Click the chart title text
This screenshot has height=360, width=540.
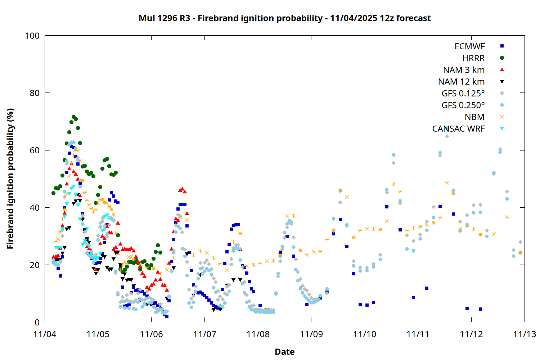[x=284, y=18]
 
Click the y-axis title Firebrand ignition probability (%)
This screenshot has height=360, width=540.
[x=10, y=179]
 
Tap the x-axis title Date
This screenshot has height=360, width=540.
[x=284, y=352]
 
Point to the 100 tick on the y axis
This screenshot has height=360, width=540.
[x=32, y=36]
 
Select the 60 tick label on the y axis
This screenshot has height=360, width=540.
[x=35, y=150]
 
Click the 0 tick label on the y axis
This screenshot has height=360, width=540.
[x=37, y=322]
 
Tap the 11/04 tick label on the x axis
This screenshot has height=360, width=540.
[x=45, y=334]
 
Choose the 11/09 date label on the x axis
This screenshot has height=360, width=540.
[x=311, y=334]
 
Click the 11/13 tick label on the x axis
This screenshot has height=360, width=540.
[x=525, y=334]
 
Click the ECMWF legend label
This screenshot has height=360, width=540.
[x=469, y=46]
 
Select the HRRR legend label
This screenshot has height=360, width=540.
[x=473, y=58]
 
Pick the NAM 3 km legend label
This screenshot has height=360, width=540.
[x=464, y=70]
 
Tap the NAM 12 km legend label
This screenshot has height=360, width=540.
[x=461, y=82]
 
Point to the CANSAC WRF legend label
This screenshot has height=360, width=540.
[x=458, y=129]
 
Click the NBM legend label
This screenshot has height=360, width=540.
[x=474, y=117]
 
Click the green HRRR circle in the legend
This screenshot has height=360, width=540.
[x=502, y=58]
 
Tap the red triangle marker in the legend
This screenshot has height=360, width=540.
[x=502, y=69]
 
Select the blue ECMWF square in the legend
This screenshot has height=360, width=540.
[x=502, y=46]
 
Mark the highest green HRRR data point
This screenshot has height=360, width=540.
[x=73, y=117]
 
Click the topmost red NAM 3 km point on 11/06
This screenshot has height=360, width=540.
[x=182, y=189]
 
